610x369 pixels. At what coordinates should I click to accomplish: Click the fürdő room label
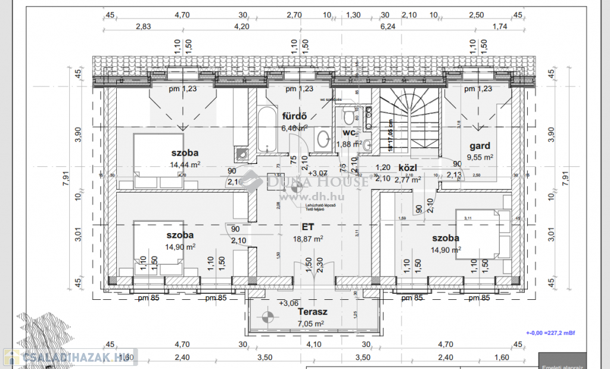click(294, 116)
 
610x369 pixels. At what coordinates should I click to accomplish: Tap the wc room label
click(348, 133)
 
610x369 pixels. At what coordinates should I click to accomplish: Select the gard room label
click(480, 145)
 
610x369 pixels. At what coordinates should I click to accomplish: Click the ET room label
click(307, 227)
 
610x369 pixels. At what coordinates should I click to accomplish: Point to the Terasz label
click(313, 312)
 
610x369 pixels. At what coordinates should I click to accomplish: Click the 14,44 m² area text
click(185, 165)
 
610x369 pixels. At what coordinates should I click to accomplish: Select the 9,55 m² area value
click(480, 157)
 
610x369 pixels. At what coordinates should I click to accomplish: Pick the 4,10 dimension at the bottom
click(313, 344)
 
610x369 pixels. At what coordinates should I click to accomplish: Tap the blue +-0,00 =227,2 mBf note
click(551, 333)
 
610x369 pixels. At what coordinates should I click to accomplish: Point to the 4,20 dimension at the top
click(241, 26)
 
